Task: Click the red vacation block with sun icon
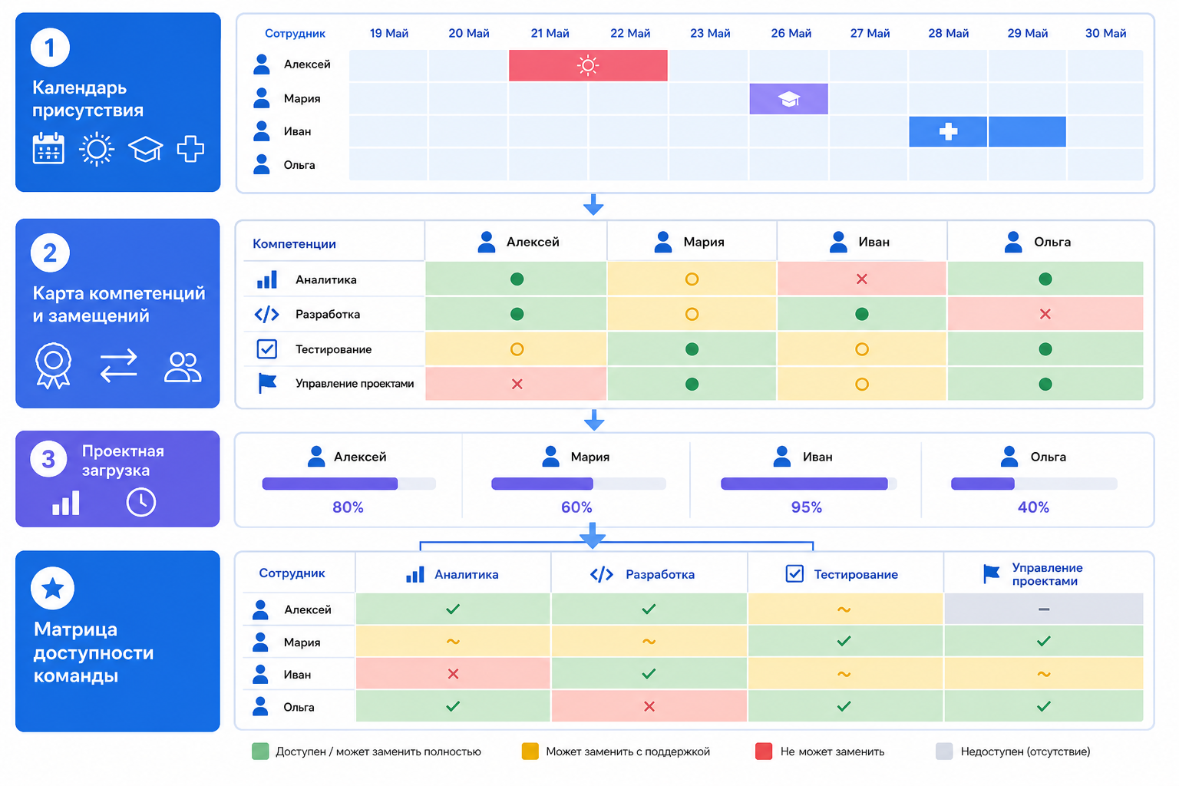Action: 588,65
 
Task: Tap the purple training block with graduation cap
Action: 788,98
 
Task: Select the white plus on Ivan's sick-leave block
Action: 948,131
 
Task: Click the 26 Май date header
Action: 791,33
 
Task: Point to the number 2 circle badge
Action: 50,253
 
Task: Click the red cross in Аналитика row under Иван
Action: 862,279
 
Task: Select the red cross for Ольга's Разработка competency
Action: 1045,314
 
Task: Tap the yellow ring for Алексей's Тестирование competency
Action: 517,349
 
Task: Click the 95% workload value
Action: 807,507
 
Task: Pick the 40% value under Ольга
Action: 1033,507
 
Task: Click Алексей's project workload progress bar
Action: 349,484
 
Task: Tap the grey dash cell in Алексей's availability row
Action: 1044,609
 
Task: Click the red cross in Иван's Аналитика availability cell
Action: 453,674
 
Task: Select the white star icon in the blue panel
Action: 53,588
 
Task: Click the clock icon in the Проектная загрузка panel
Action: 141,502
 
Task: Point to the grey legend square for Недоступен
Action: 944,751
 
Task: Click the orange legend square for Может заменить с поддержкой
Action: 530,751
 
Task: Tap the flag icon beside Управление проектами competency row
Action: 267,383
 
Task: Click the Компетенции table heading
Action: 294,244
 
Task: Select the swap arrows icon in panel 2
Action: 118,366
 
